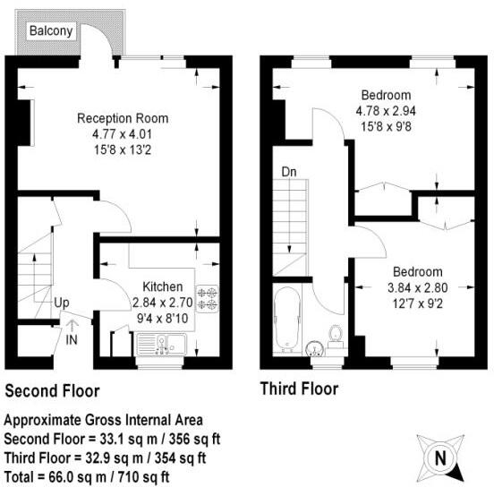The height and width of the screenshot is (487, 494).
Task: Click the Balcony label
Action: (x=52, y=31)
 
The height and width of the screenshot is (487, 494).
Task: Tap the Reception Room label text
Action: (x=122, y=118)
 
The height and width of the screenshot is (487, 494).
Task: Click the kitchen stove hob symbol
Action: (x=209, y=298)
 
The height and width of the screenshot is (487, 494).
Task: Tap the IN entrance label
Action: (x=72, y=339)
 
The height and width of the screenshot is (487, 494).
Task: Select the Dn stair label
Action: (x=289, y=171)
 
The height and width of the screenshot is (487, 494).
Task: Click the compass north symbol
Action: (x=439, y=458)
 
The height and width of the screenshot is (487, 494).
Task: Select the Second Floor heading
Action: (x=53, y=391)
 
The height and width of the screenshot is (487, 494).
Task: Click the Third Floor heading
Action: (x=299, y=389)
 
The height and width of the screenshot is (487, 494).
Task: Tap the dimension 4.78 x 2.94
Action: (x=386, y=111)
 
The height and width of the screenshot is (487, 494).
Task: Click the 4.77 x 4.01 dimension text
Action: (x=122, y=134)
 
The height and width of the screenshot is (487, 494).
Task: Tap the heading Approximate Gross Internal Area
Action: (x=104, y=420)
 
